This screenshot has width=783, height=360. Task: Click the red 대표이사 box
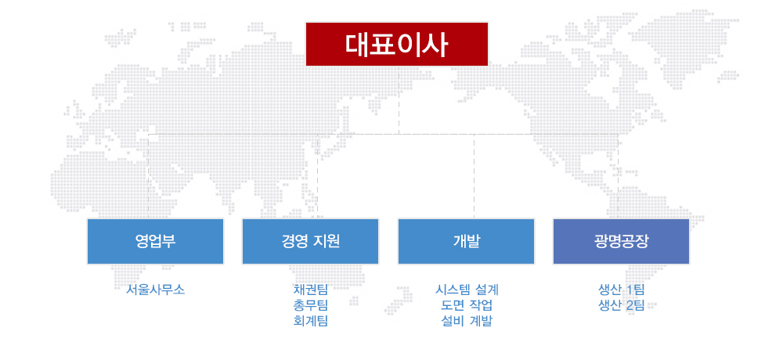click(x=397, y=44)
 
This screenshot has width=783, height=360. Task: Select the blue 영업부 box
click(x=155, y=241)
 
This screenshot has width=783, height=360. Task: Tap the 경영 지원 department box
click(x=311, y=241)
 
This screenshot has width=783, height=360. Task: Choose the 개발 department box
click(x=467, y=241)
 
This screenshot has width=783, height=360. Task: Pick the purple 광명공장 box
click(x=621, y=241)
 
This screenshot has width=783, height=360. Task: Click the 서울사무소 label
click(x=155, y=290)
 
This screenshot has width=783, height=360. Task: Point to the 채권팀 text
click(x=311, y=290)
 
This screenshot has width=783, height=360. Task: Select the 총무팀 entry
click(x=311, y=305)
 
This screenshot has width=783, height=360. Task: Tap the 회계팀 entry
click(x=311, y=321)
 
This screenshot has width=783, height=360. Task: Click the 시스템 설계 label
click(x=467, y=290)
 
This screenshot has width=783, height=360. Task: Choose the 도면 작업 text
click(x=467, y=305)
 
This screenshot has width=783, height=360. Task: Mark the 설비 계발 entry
click(x=467, y=321)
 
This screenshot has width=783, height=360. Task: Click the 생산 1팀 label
click(x=621, y=290)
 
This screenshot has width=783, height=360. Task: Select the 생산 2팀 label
click(x=621, y=305)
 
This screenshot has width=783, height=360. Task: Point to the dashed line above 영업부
click(x=149, y=176)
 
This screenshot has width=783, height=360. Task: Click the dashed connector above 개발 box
click(x=474, y=176)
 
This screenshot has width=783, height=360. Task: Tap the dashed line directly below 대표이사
click(x=399, y=100)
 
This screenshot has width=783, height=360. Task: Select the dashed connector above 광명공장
click(x=619, y=176)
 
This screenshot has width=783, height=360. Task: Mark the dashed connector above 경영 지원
click(x=318, y=176)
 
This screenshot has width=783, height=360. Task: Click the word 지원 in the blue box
click(x=326, y=241)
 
